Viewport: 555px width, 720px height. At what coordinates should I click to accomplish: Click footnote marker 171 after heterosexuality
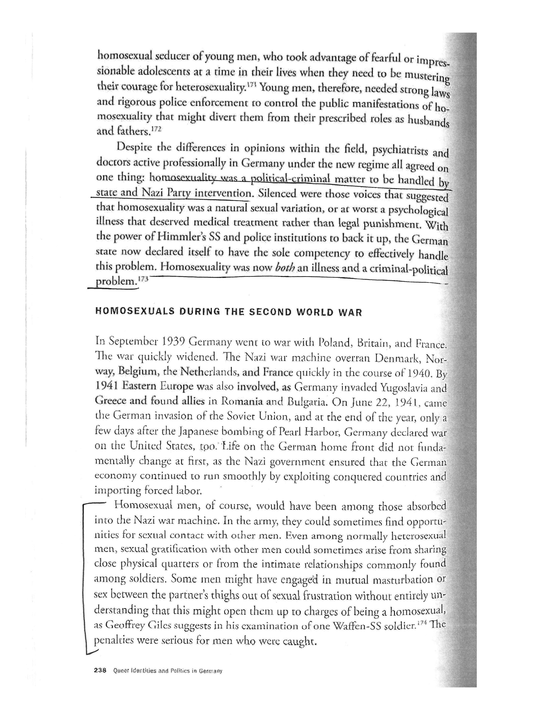[x=252, y=85]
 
